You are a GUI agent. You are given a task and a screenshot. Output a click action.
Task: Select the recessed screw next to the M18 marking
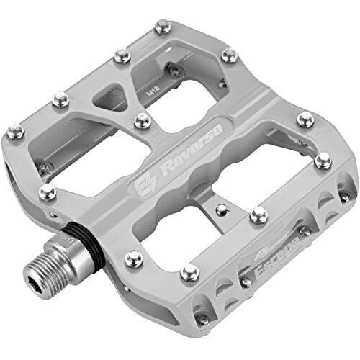pos(174,69)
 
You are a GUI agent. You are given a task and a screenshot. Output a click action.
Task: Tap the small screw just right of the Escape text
pos(305,230)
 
